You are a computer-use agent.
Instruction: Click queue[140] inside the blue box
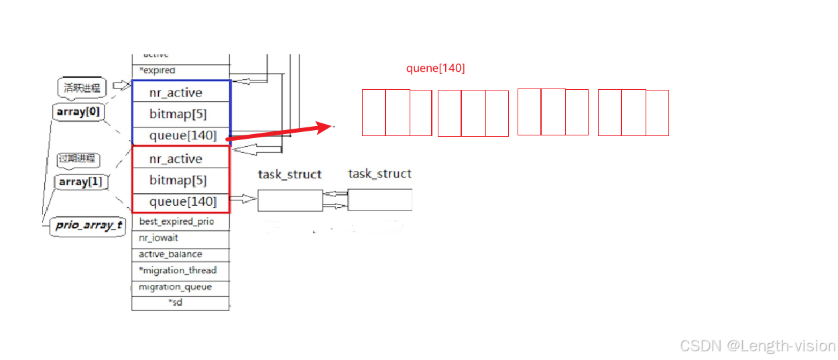coord(182,135)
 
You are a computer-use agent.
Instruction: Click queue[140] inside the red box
coord(182,202)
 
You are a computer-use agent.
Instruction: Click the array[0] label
coord(79,112)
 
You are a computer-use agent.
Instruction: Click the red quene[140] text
coord(435,68)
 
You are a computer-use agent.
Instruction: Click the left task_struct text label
coord(290,174)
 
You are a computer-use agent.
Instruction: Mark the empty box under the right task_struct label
coord(379,200)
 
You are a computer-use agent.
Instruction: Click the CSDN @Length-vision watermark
coord(758,346)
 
